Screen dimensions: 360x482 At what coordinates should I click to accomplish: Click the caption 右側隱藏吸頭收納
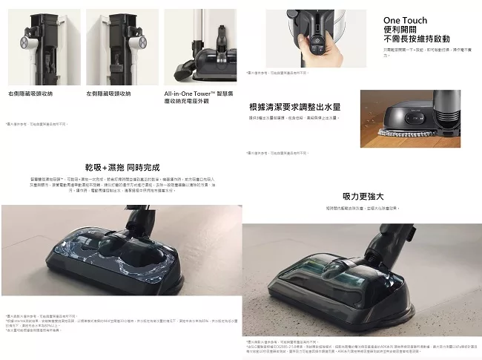[30, 94]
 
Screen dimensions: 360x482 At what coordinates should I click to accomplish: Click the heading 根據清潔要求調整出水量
[294, 107]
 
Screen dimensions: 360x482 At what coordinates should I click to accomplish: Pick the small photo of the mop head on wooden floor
[421, 119]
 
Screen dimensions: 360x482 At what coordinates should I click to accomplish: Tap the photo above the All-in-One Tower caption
[199, 46]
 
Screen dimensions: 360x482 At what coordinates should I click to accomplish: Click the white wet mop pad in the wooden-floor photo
[401, 134]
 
